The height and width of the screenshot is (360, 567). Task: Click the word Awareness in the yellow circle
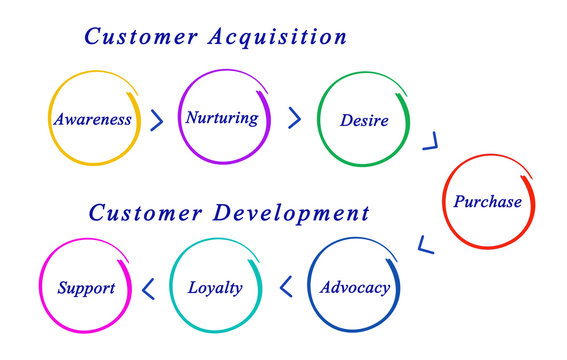click(93, 120)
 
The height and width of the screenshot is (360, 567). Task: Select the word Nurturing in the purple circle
click(221, 118)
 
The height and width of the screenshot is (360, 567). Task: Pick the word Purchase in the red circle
click(488, 202)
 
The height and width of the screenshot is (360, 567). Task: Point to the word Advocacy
click(354, 288)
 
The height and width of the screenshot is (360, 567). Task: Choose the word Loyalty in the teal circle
click(215, 288)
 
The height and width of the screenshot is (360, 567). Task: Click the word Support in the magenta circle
click(86, 288)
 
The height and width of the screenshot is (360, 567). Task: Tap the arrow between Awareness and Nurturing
click(156, 121)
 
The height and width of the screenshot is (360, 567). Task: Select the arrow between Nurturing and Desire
click(294, 119)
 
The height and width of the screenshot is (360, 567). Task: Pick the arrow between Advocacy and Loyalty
click(285, 288)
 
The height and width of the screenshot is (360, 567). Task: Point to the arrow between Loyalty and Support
click(148, 289)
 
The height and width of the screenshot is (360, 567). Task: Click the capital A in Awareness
click(59, 120)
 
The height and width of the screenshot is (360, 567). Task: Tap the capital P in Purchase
click(459, 202)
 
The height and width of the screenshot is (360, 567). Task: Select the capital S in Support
click(62, 288)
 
